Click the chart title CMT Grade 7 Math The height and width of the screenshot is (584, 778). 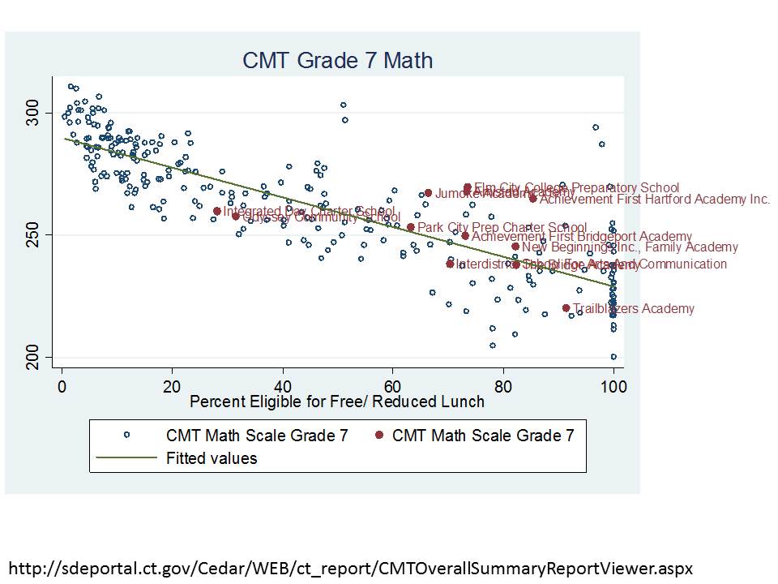click(337, 60)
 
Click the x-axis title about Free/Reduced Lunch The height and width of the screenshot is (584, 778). click(336, 401)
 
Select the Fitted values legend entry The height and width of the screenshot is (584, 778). click(212, 458)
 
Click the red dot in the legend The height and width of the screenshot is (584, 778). click(379, 436)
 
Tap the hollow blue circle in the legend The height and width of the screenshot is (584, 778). click(126, 436)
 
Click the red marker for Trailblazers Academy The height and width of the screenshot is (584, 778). click(566, 308)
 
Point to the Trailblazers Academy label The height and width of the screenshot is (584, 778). click(633, 309)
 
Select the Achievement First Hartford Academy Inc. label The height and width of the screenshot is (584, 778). click(655, 200)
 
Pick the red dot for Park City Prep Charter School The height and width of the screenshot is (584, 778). click(411, 227)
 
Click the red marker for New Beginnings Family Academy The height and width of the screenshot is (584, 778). click(515, 247)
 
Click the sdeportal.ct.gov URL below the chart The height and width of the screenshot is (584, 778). click(350, 565)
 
